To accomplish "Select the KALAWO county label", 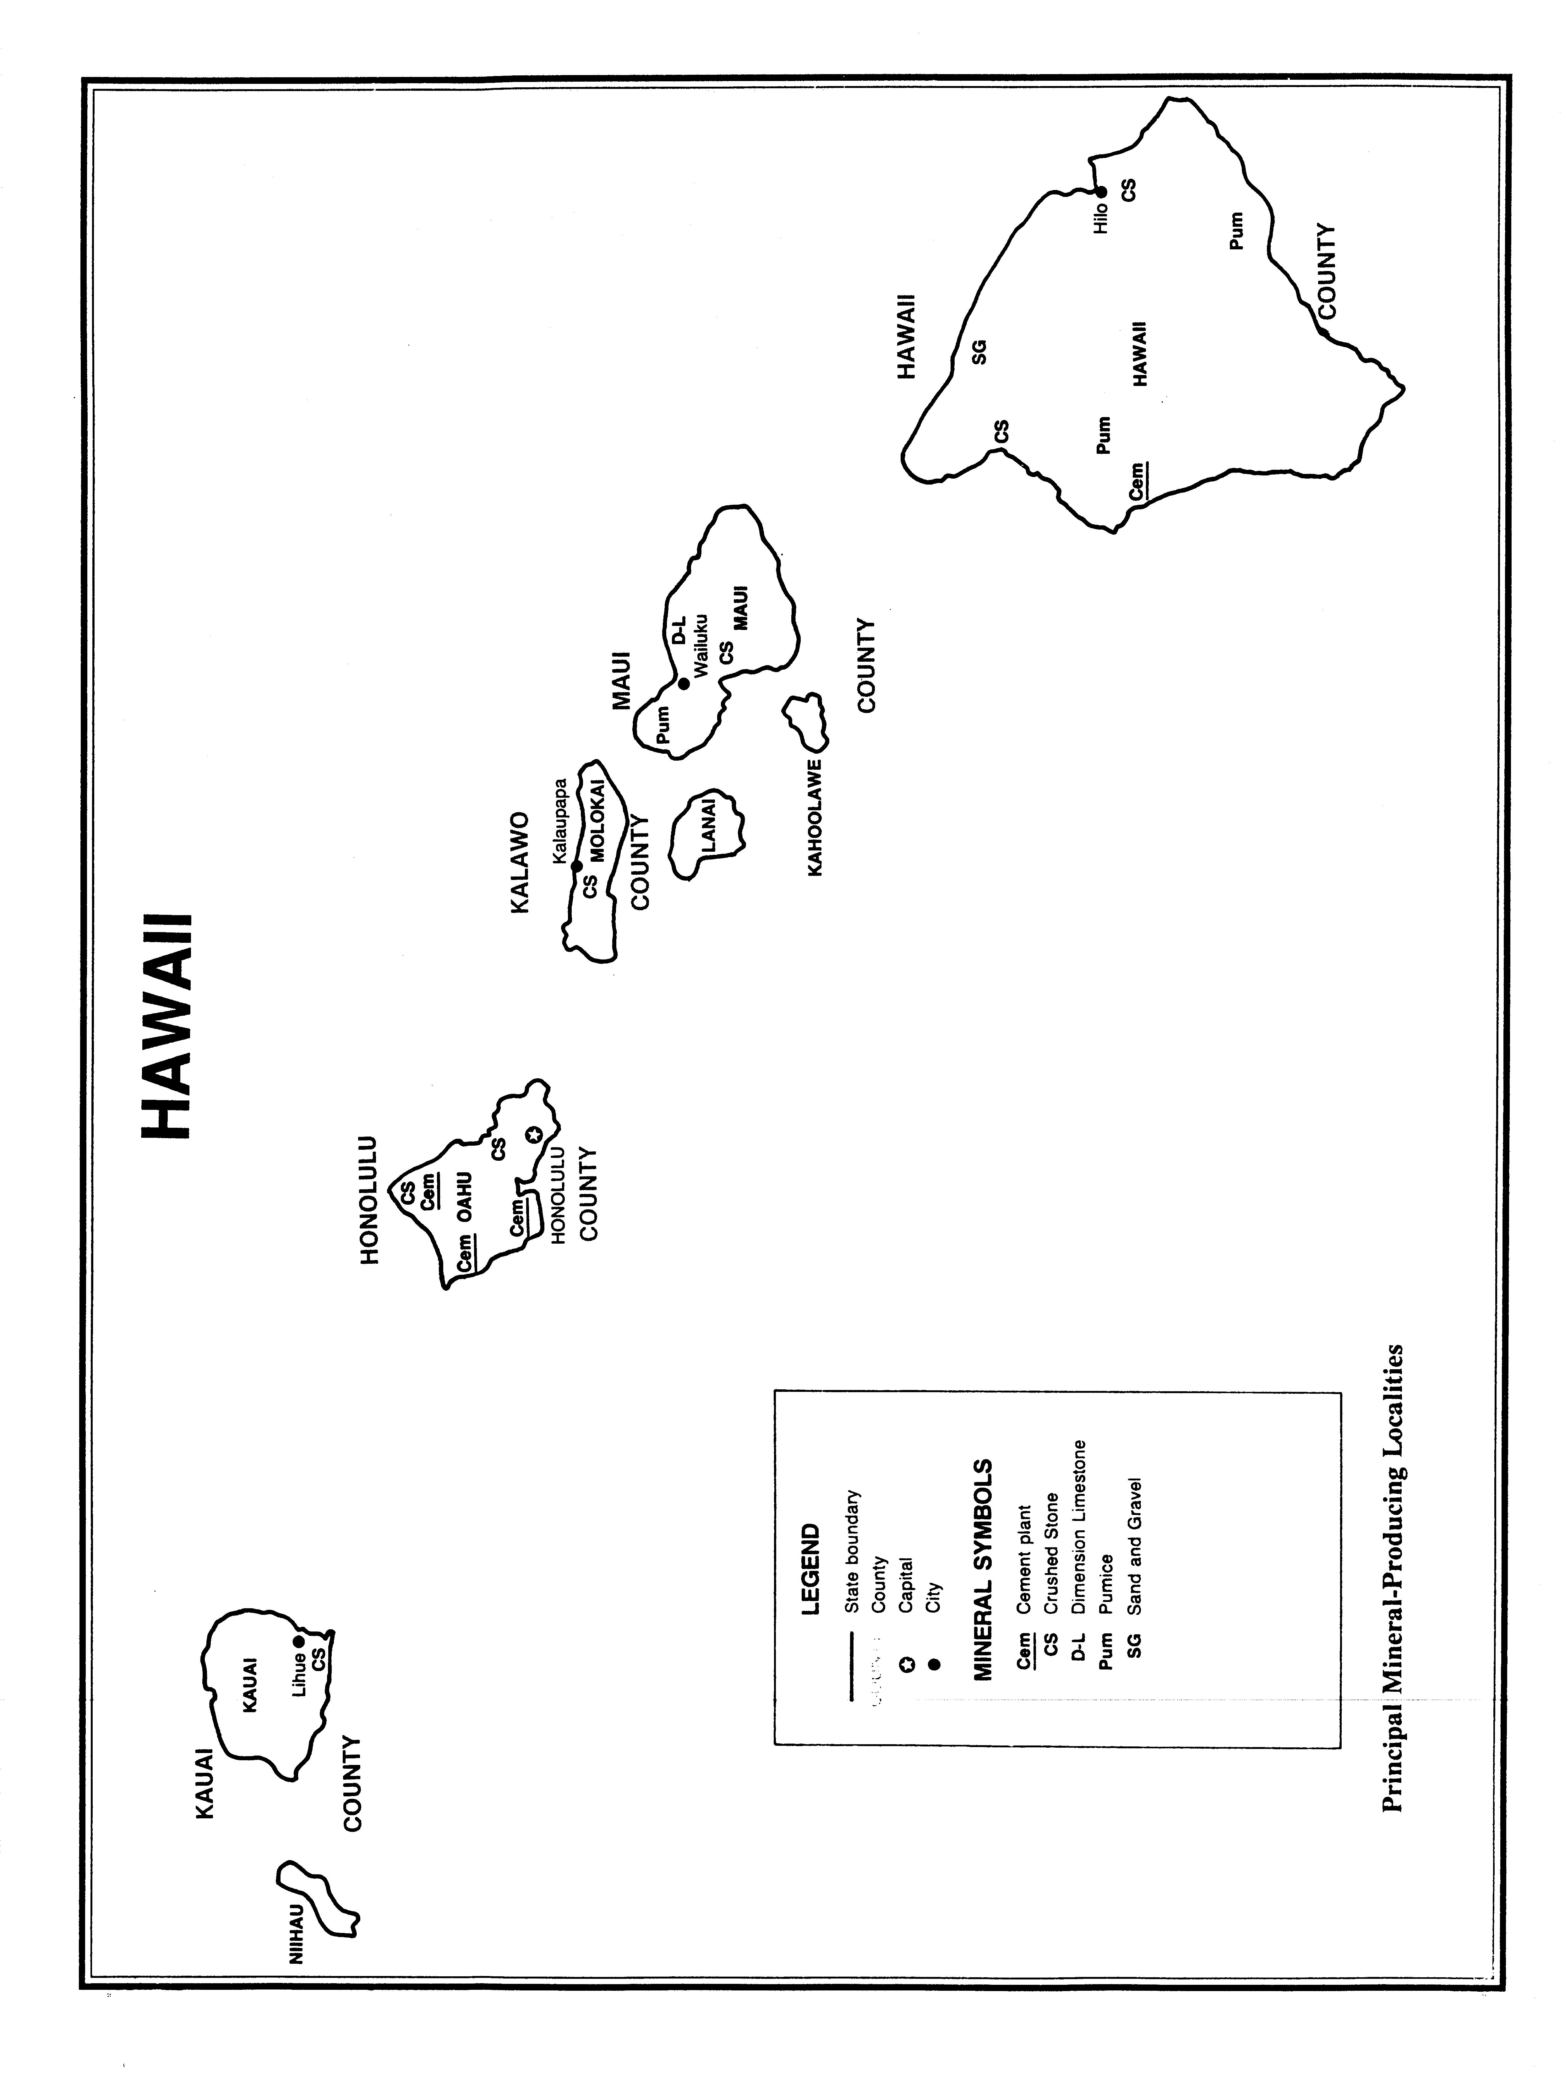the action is click(x=520, y=862).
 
